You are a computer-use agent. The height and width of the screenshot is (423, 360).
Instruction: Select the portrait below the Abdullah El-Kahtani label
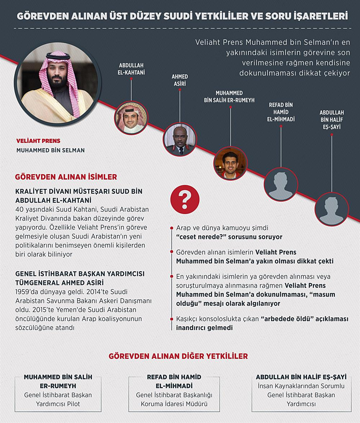[131, 118]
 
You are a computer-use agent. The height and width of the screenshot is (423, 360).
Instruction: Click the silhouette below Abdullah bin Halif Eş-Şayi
[332, 209]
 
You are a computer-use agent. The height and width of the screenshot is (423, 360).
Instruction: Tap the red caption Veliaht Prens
[38, 141]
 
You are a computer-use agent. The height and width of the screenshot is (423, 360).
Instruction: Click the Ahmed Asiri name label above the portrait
[180, 80]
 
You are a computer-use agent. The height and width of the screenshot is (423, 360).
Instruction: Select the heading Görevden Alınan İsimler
[66, 177]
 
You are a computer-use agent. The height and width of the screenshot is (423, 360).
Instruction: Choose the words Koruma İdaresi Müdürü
[174, 404]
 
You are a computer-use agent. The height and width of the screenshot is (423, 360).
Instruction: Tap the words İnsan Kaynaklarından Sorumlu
[301, 386]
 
